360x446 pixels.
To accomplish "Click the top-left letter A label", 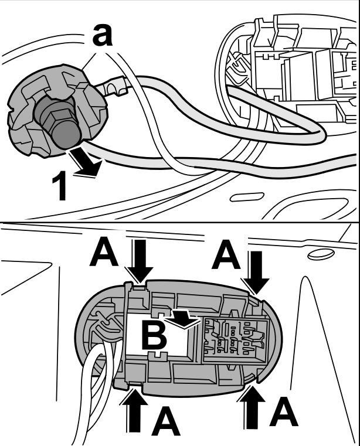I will [106, 253].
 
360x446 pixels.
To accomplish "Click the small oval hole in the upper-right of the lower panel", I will [320, 254].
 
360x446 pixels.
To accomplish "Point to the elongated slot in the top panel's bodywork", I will [247, 198].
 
